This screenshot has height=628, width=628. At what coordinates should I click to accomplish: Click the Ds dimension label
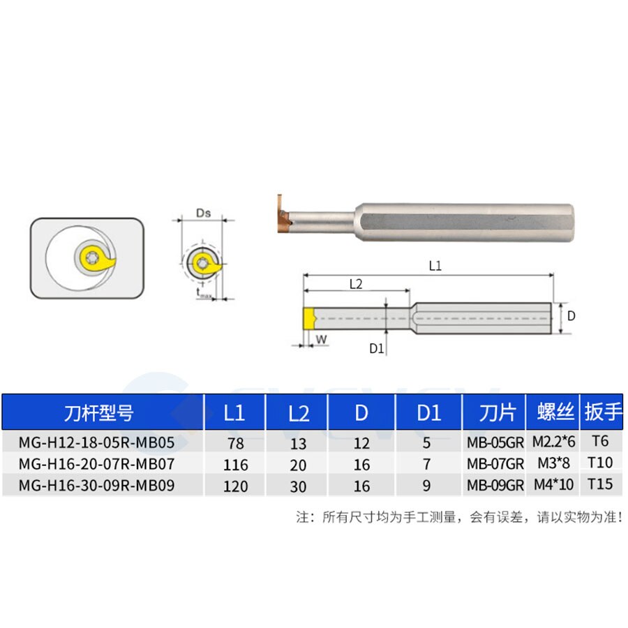(204, 213)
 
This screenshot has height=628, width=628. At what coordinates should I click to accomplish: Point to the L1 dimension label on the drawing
(435, 266)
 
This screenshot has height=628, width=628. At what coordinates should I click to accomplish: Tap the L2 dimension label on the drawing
(356, 284)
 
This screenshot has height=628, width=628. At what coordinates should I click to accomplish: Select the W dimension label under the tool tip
(321, 339)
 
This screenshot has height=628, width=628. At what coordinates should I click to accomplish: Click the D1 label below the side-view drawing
(377, 348)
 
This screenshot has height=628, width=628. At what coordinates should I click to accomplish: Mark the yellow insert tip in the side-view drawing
(310, 318)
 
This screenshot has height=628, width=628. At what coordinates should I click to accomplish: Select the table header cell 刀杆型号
(98, 413)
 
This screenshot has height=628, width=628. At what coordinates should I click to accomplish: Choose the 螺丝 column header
(555, 412)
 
